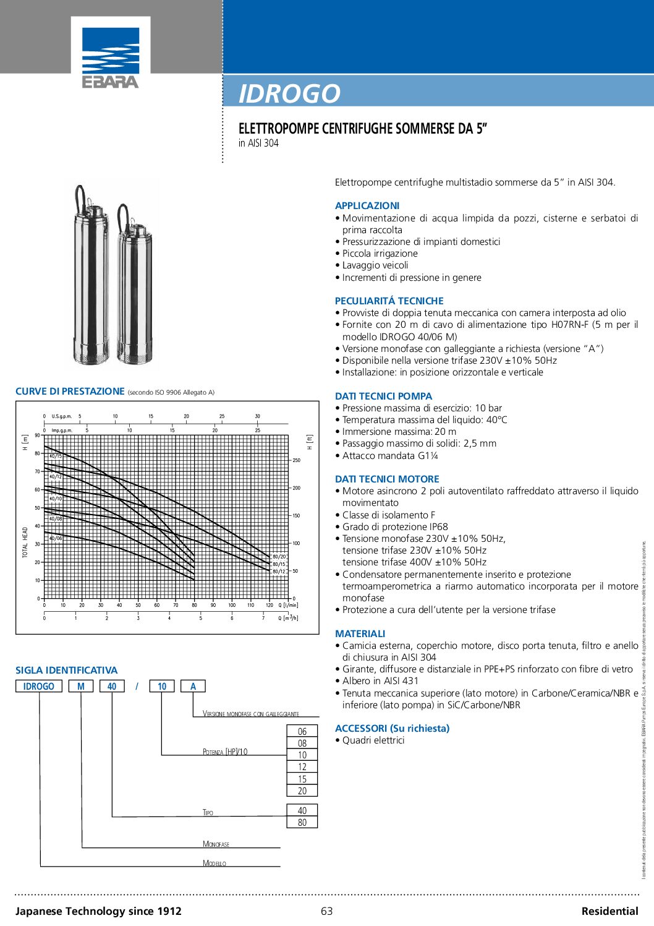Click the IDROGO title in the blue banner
289,93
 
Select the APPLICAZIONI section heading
367,205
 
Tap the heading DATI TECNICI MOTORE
387,479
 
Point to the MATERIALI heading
360,633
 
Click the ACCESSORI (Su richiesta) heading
392,728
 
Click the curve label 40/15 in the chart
56,456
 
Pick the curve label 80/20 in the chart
279,557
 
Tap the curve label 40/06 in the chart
56,538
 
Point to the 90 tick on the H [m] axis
37,435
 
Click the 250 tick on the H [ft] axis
297,460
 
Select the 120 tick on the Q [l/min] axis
269,605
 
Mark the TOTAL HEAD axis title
25,542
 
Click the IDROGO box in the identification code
38,686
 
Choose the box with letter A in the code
193,686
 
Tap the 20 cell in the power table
302,791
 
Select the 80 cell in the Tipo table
302,822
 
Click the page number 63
326,911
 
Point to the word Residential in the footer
609,911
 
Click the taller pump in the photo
91,278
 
